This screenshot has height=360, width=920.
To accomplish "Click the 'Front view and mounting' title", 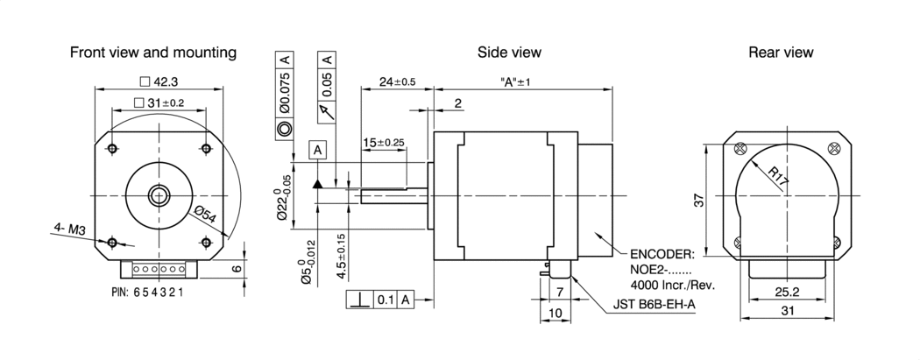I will point(153,53).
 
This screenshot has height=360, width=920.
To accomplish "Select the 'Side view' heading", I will point(509,53).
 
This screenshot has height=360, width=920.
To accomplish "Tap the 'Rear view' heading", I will point(781,53).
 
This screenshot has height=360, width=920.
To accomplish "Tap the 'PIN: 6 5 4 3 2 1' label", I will point(147,292).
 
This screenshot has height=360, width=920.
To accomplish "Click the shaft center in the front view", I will point(159,194).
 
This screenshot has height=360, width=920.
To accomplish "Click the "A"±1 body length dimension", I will point(516,81).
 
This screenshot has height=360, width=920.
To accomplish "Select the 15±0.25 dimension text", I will point(384,142).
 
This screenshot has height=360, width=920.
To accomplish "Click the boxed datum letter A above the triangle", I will point(317,150).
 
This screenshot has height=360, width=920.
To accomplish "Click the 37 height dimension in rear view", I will point(699,201).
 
